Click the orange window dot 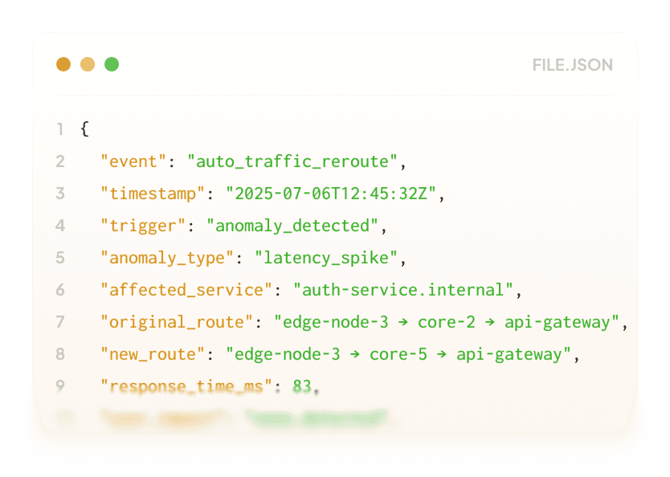[x=63, y=64]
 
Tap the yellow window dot [x=88, y=64]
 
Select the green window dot [x=112, y=64]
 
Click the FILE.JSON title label [x=572, y=65]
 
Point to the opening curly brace [x=85, y=129]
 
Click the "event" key [x=133, y=161]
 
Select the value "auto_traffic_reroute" [x=293, y=161]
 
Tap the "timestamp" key [x=153, y=194]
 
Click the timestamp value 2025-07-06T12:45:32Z [x=331, y=194]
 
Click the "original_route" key [x=177, y=322]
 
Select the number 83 [x=302, y=386]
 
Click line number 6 [x=60, y=290]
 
